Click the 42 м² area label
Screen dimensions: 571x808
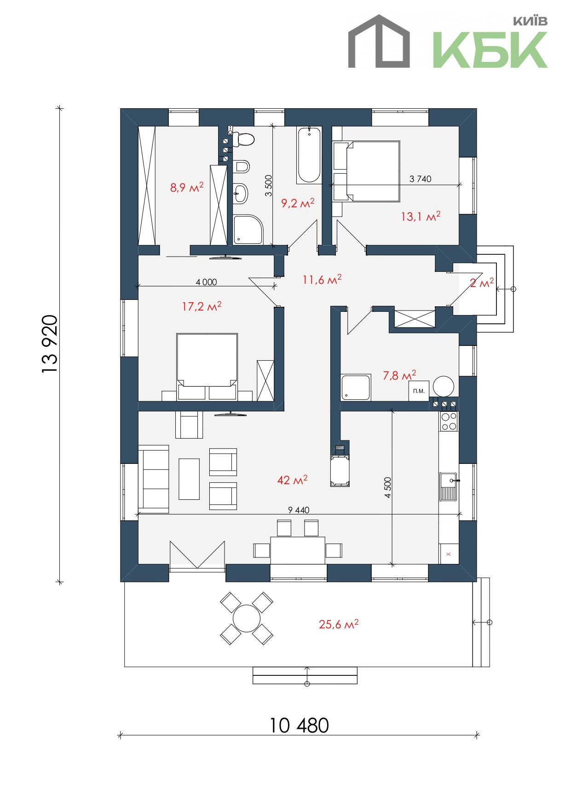(x=292, y=480)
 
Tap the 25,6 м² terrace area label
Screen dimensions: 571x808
(x=339, y=624)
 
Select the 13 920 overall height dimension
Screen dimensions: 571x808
(x=50, y=344)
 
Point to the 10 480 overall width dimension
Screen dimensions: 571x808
(x=299, y=725)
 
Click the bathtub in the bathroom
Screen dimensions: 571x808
(x=309, y=155)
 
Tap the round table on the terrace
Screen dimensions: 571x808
(x=247, y=618)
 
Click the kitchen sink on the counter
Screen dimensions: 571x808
(x=448, y=486)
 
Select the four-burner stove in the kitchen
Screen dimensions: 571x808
(x=449, y=421)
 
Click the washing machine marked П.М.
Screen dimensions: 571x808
(x=419, y=391)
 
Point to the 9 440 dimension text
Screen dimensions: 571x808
(x=299, y=510)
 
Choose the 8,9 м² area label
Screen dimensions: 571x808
(x=187, y=187)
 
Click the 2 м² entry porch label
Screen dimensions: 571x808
(x=481, y=283)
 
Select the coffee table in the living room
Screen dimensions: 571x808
(x=189, y=479)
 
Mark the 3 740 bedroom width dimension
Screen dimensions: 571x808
(x=421, y=179)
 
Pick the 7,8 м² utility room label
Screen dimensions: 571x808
(x=399, y=375)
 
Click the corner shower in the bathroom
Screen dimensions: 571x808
(x=248, y=229)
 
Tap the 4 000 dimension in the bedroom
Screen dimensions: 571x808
(x=206, y=282)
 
